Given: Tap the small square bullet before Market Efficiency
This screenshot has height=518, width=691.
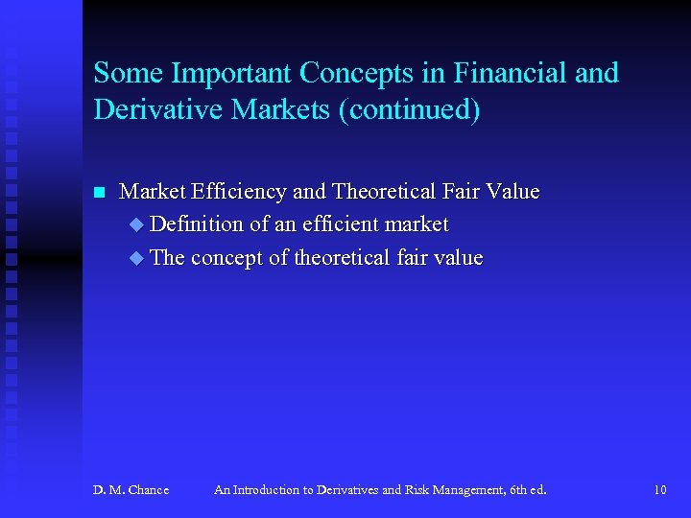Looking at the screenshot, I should pos(98,192).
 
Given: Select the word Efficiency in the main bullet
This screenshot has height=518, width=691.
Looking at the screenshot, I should pos(239,192).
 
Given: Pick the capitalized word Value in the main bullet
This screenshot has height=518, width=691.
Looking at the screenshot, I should pos(512,192).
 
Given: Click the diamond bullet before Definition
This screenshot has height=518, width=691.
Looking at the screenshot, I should pos(136,224).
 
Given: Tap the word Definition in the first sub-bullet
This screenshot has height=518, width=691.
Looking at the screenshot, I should pos(197,224).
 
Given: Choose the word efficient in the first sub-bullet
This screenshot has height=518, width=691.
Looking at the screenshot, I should pos(334,224).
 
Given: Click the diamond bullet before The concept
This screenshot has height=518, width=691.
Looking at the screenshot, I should pos(136,258).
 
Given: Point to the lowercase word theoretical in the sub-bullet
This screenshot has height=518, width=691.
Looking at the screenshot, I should pos(342,258).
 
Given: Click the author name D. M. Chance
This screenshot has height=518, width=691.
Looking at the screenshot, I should pos(131,490).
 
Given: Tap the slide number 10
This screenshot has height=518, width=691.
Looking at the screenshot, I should pos(659,490).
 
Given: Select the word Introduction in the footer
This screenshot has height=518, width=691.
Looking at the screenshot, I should pos(265,490).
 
